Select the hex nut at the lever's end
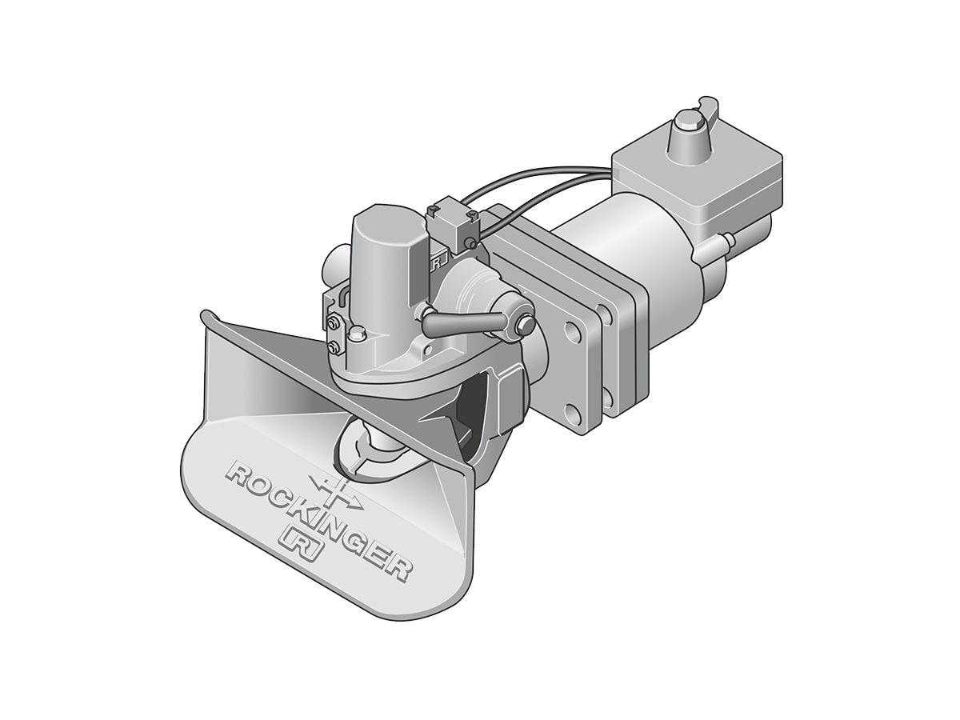click(526, 324)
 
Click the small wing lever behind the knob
click(709, 106)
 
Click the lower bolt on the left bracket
click(333, 346)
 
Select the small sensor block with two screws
click(454, 222)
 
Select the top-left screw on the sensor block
click(433, 211)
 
